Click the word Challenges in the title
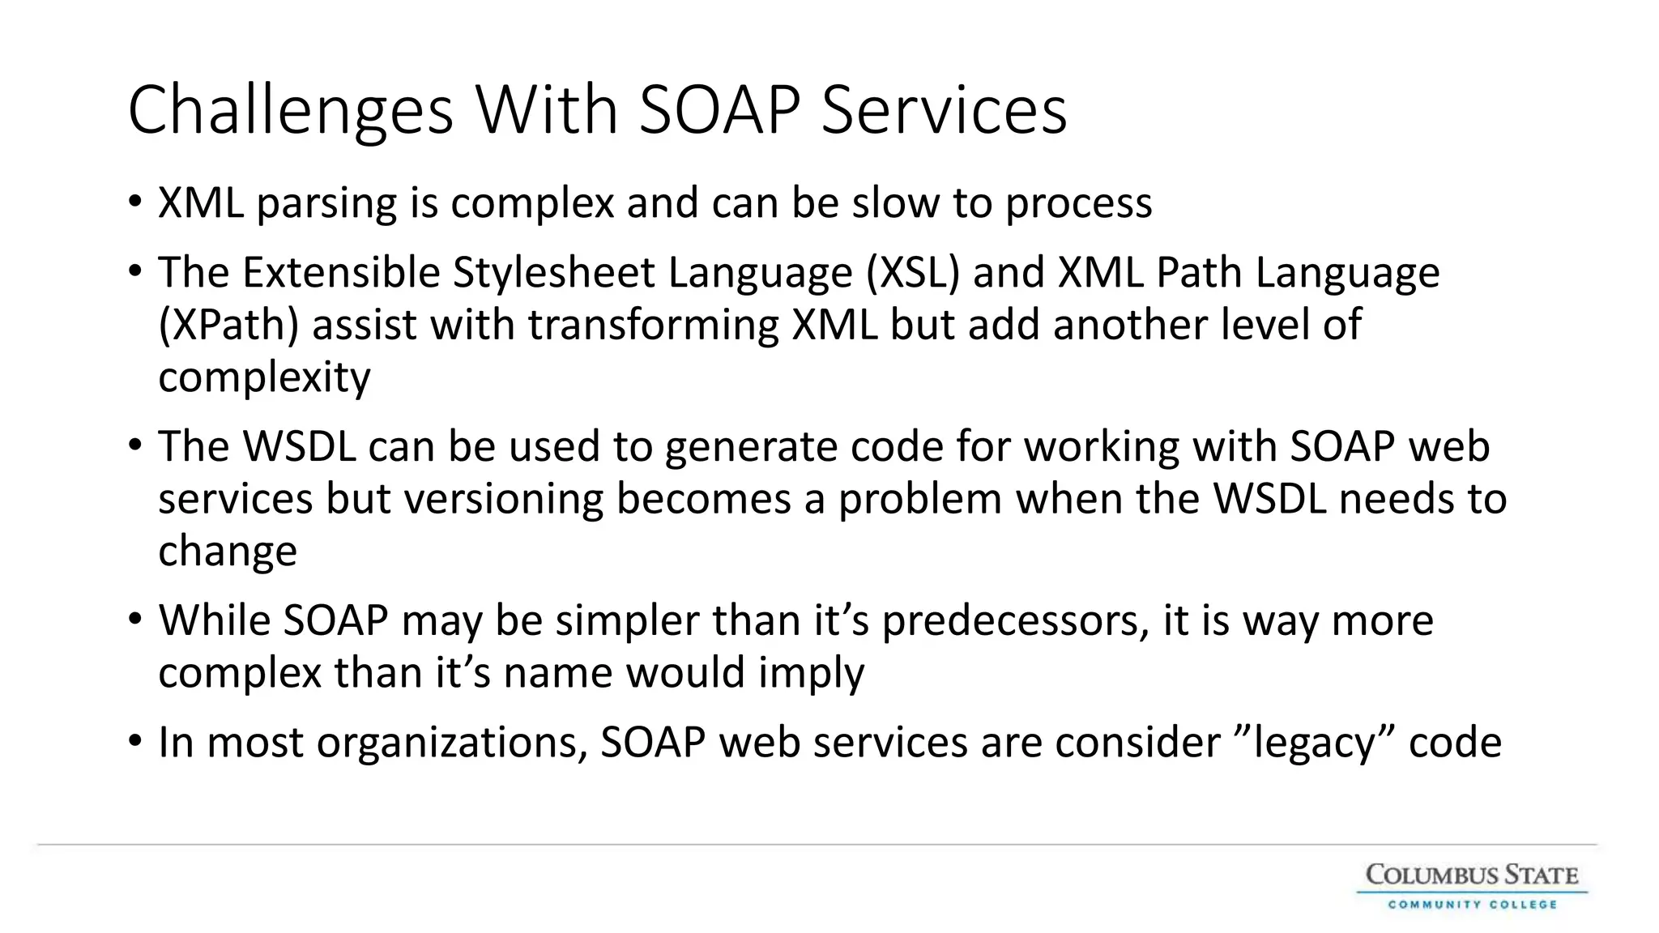point(290,111)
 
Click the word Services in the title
point(944,111)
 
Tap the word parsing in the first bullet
point(326,203)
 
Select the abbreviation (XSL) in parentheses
point(913,273)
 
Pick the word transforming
point(653,326)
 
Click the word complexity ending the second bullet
point(264,377)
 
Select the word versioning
point(504,499)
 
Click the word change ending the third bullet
point(228,552)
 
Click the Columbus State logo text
point(1472,875)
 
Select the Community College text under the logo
point(1472,904)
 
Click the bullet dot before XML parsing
point(135,201)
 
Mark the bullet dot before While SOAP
point(135,620)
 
